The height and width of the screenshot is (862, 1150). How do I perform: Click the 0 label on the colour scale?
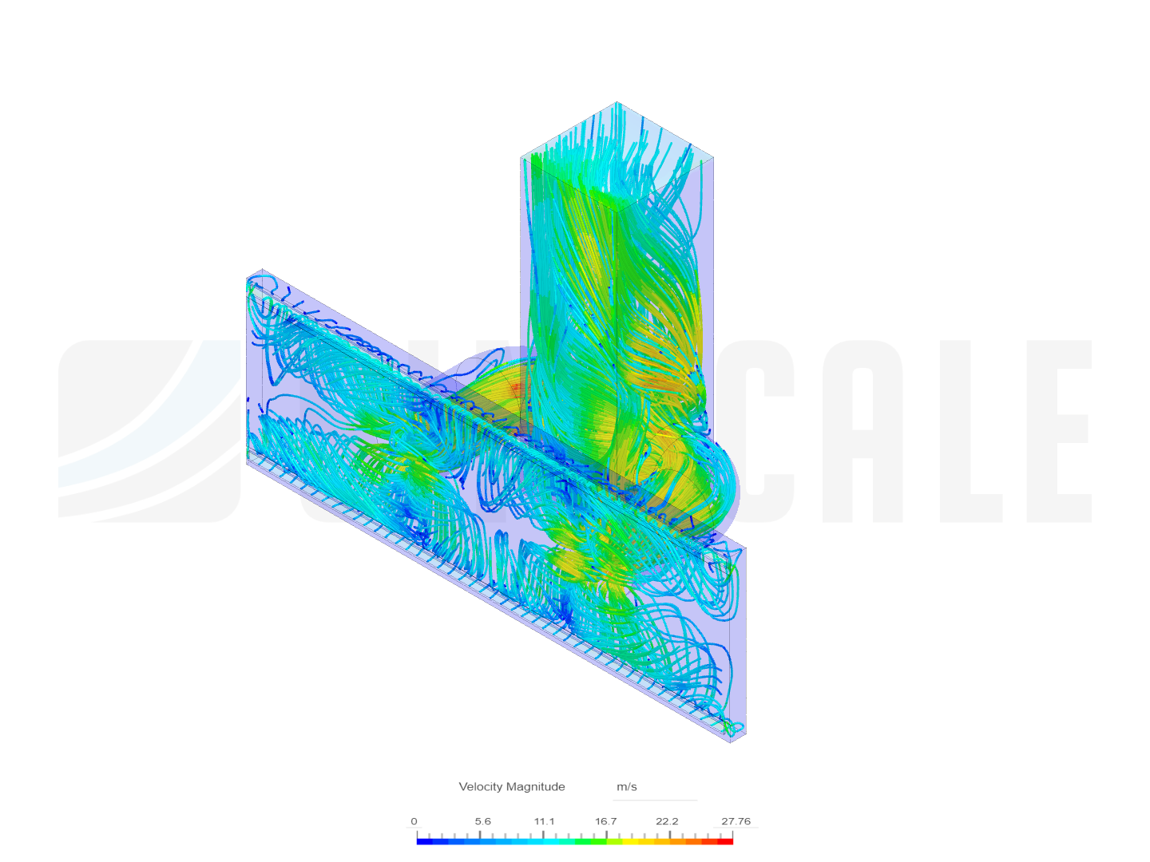pos(414,821)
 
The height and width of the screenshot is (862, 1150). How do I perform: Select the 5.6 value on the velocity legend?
pos(482,821)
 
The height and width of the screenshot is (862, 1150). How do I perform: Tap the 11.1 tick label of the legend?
pos(545,821)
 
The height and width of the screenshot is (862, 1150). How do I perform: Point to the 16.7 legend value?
pos(605,821)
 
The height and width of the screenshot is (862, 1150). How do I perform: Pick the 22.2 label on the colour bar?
pos(667,821)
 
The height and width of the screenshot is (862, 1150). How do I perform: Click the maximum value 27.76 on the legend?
pos(736,821)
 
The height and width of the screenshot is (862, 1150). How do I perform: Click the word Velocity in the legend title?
pos(481,787)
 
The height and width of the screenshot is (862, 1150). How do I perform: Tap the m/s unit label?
pos(627,787)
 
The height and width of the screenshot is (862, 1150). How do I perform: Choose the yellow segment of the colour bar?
pos(631,840)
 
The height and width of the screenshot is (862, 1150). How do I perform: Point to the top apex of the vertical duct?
pos(617,102)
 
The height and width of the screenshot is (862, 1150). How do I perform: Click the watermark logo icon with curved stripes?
pos(148,431)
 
